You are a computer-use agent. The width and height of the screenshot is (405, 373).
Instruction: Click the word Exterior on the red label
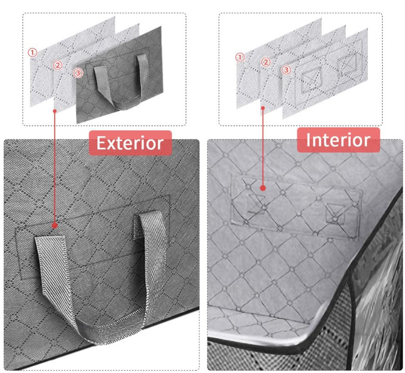130,143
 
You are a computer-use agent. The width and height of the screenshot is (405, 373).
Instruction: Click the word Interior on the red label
338,140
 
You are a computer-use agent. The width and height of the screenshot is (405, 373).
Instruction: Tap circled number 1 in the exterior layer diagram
32,53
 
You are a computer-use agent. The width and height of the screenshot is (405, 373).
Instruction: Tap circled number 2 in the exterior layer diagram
58,65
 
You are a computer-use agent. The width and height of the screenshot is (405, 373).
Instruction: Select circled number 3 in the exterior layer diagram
78,73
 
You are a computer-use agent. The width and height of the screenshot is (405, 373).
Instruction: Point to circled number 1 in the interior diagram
240,57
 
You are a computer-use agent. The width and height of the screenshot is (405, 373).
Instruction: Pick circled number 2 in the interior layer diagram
266,62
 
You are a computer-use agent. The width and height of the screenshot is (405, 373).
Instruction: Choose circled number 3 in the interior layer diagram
286,70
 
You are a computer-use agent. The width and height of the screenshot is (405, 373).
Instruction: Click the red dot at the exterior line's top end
54,111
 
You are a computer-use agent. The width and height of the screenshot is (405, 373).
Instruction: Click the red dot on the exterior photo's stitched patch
54,226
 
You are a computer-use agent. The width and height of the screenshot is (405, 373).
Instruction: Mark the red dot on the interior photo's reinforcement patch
263,188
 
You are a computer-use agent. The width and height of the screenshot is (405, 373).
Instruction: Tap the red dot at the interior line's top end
263,108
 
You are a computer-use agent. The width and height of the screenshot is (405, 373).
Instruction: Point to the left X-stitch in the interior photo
257,204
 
